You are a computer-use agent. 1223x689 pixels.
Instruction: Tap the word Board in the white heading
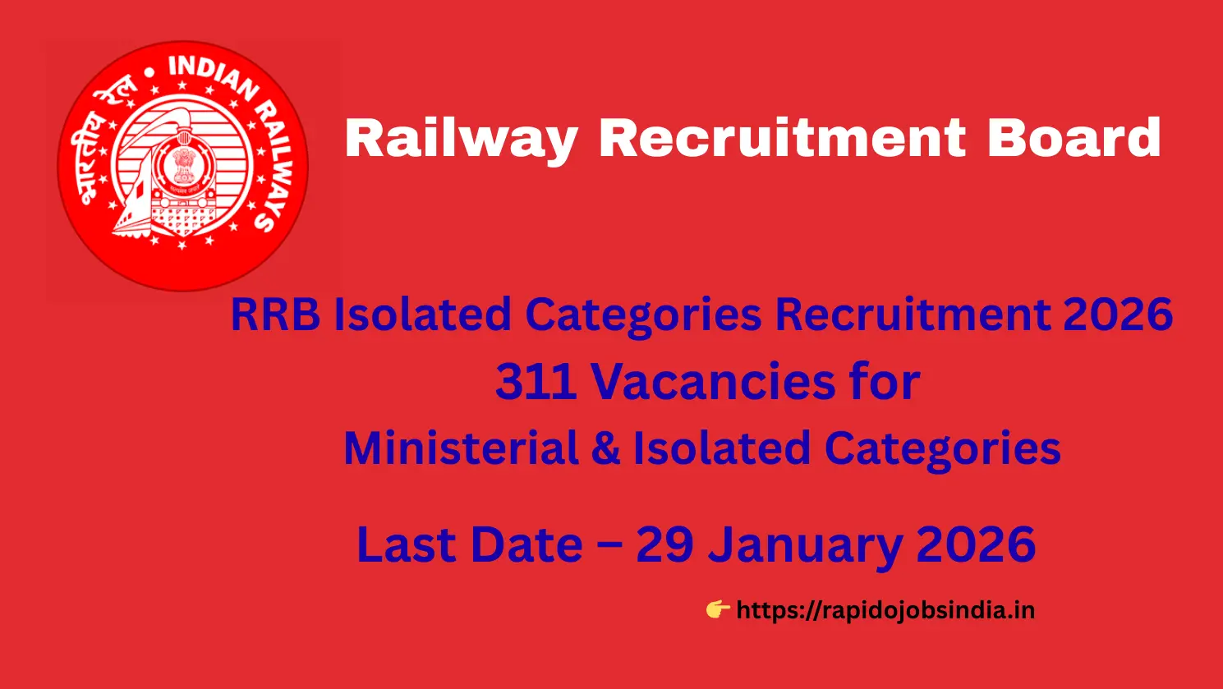(1074, 137)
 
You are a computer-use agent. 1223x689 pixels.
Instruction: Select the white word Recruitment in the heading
(781, 137)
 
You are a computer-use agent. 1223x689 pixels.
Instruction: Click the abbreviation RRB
(275, 315)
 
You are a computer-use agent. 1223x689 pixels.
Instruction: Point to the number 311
(535, 382)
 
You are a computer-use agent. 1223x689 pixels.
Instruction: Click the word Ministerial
(461, 448)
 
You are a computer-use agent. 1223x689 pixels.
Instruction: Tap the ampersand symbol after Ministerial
(605, 449)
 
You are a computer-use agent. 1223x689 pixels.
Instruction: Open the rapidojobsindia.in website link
(885, 610)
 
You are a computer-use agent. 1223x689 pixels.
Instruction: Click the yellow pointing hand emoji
(717, 609)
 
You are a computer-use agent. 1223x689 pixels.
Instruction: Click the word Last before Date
(400, 544)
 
